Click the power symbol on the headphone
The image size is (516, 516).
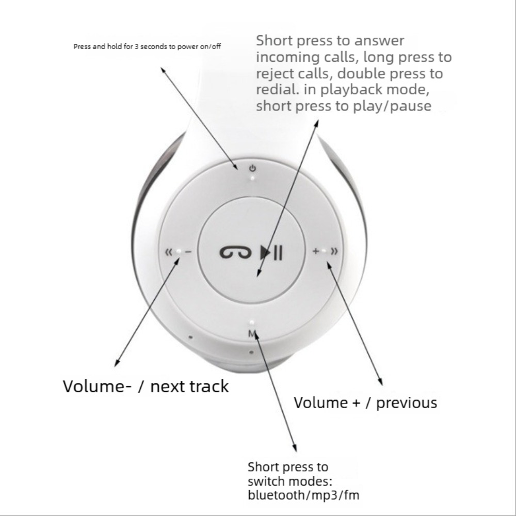(252, 168)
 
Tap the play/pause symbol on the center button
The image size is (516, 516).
(271, 252)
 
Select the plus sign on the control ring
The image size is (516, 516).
(315, 251)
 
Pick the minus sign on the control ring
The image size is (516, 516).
(188, 252)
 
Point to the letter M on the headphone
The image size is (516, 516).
(252, 333)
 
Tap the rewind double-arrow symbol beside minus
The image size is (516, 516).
(168, 252)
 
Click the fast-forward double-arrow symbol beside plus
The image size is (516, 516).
(334, 251)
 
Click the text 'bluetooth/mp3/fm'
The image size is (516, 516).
(303, 496)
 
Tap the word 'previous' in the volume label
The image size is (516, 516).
(407, 402)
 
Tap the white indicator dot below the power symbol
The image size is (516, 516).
(252, 178)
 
